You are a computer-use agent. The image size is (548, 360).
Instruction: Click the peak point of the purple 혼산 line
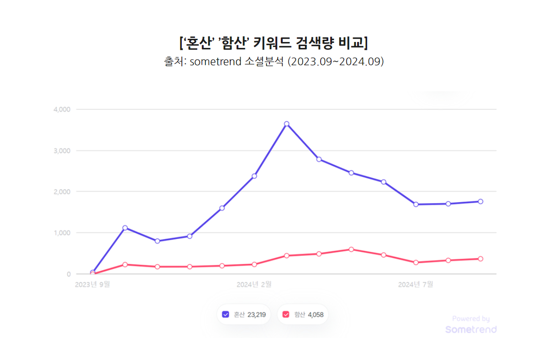(x=286, y=124)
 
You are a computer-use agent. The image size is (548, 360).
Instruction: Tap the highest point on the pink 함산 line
(x=351, y=249)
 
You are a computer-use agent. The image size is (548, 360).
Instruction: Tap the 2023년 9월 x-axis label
(x=92, y=284)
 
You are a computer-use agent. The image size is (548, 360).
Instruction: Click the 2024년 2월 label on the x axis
(x=254, y=284)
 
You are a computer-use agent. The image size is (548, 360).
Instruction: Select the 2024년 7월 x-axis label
(x=416, y=284)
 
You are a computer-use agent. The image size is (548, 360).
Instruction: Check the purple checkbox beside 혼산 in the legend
(x=225, y=314)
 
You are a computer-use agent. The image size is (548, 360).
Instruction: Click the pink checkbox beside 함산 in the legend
(x=286, y=314)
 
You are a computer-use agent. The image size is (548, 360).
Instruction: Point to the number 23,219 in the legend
(x=256, y=314)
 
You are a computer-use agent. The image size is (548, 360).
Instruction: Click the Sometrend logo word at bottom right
(x=471, y=329)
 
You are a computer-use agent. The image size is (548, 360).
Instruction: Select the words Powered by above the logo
(x=471, y=319)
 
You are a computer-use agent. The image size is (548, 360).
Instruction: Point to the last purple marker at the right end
(x=480, y=201)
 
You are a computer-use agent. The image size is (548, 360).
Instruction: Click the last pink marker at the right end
(x=480, y=259)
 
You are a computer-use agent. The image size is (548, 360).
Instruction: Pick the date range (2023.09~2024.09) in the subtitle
(x=335, y=62)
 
